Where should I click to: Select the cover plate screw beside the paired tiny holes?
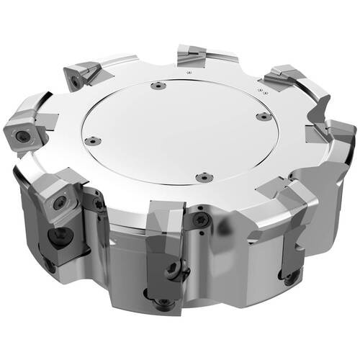264,116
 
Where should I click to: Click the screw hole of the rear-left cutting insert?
76,83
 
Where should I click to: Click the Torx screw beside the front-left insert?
99,205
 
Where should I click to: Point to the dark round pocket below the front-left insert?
57,238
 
